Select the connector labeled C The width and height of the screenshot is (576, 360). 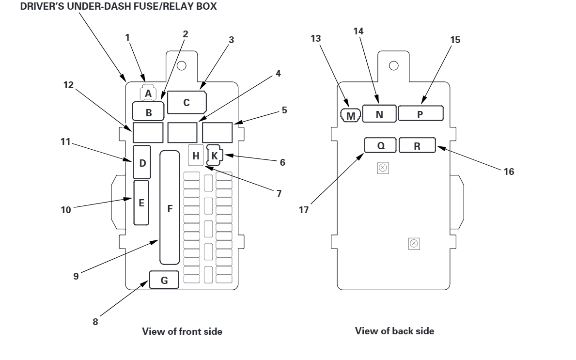pos(187,103)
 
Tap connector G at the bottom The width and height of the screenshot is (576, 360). pos(164,280)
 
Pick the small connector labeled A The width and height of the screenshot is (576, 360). pos(148,93)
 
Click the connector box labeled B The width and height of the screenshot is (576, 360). pos(149,112)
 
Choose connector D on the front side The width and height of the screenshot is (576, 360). pos(142,162)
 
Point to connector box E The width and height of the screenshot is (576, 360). pos(141,203)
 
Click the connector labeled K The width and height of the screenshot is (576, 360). pos(215,156)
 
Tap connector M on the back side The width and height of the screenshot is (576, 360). pos(351,116)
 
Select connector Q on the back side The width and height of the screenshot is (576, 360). pos(380,145)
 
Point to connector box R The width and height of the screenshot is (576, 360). pos(417,145)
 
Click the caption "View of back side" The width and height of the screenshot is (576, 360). pos(394,331)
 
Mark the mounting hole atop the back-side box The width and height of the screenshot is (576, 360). pos(393,65)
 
